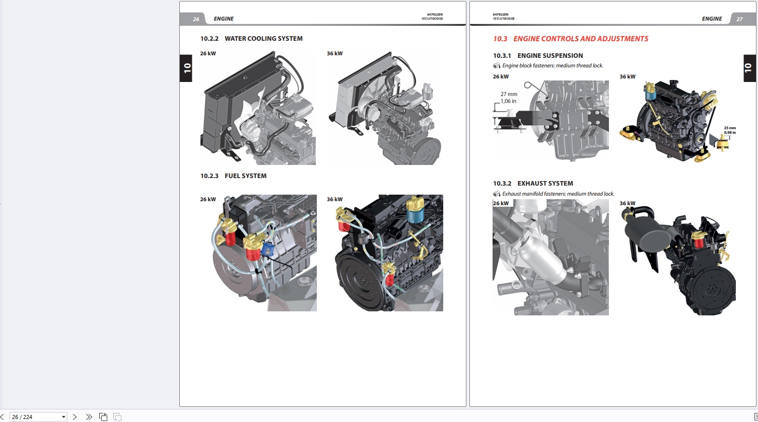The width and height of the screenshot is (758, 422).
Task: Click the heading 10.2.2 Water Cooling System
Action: coord(251,39)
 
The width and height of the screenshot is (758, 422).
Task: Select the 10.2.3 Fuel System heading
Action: coord(234,176)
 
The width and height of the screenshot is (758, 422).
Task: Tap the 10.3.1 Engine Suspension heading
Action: coord(538,56)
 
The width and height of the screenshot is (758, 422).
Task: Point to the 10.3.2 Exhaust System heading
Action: coord(533,184)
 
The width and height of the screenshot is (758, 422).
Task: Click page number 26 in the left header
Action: coord(196,19)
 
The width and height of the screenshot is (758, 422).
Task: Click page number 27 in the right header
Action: coord(739,19)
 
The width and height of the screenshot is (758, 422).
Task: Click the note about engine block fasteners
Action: coord(553,65)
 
